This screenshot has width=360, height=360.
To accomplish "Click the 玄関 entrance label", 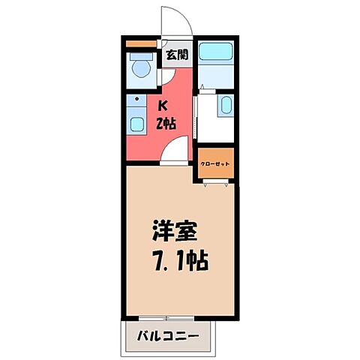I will point(178,53).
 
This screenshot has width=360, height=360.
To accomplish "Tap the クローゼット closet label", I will point(216,163).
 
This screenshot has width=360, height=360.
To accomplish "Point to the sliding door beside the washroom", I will point(196,116).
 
